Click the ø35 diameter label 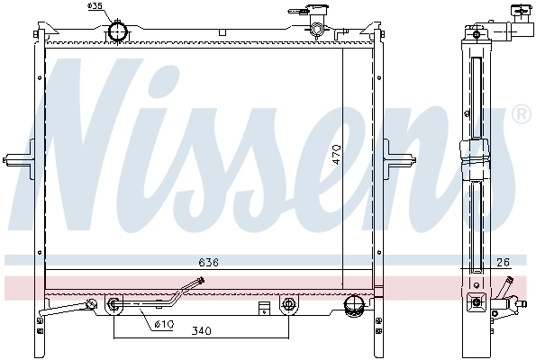tap(95, 7)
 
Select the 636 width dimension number tap(209, 263)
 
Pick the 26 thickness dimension tap(502, 263)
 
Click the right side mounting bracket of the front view tap(395, 158)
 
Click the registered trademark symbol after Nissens tap(520, 114)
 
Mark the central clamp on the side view tap(476, 160)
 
